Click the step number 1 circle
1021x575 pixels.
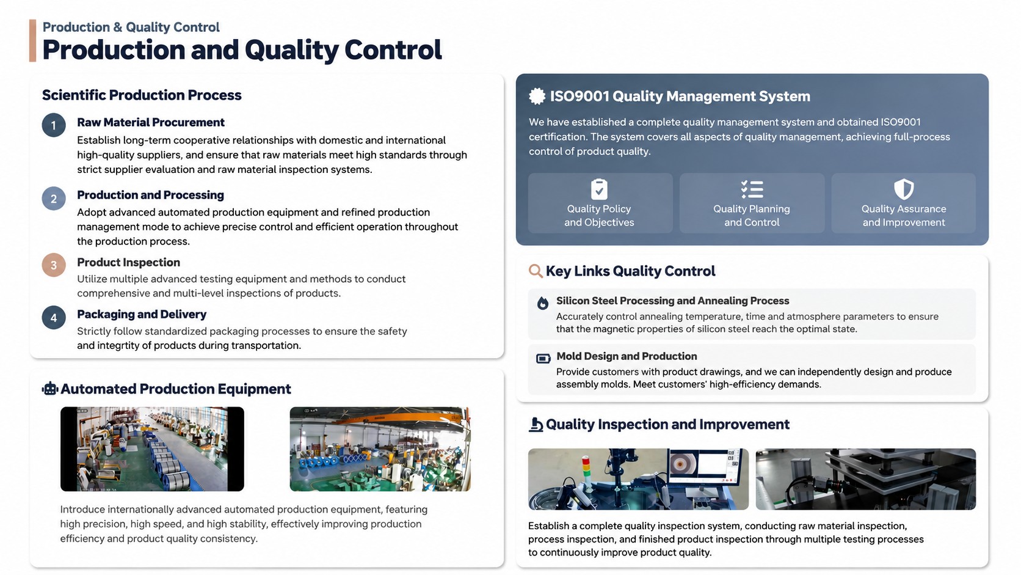tap(54, 125)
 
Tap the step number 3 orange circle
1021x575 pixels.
tap(54, 265)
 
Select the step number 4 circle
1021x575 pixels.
tap(54, 317)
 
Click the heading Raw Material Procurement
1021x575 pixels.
tap(150, 122)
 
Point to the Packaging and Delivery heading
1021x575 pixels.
tap(142, 314)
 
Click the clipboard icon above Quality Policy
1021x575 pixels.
tap(599, 189)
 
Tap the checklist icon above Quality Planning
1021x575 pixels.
tap(752, 189)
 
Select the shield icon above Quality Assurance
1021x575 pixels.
tap(903, 189)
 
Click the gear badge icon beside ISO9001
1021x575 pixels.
tap(537, 96)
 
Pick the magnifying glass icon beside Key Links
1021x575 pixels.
tap(536, 271)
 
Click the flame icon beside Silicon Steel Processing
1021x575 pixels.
tap(542, 302)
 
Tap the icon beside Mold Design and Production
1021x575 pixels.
tap(543, 359)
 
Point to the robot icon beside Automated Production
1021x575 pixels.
tap(49, 389)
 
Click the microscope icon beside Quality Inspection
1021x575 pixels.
tap(536, 425)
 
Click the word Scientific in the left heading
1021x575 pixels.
tap(73, 95)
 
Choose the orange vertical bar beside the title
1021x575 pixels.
tap(32, 40)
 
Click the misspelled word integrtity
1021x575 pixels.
tap(115, 346)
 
